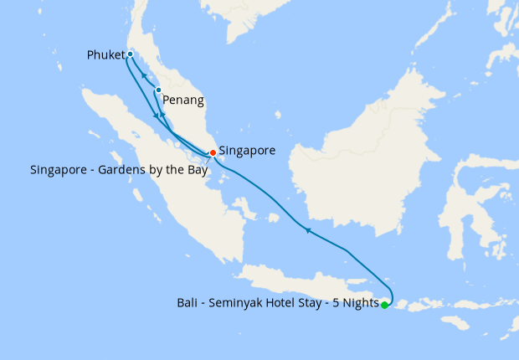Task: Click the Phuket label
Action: tap(105, 55)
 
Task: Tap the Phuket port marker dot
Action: tap(130, 54)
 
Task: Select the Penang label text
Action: tap(183, 100)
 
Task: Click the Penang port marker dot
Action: tap(158, 90)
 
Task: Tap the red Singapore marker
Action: tap(213, 152)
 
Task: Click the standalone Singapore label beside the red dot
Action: tap(247, 151)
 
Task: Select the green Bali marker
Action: tap(384, 306)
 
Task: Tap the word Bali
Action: tap(188, 303)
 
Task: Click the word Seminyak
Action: tap(239, 303)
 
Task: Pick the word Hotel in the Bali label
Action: tap(287, 303)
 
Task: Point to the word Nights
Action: tap(359, 303)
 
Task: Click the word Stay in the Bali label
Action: tap(319, 303)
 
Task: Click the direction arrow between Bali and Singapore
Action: tap(308, 229)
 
